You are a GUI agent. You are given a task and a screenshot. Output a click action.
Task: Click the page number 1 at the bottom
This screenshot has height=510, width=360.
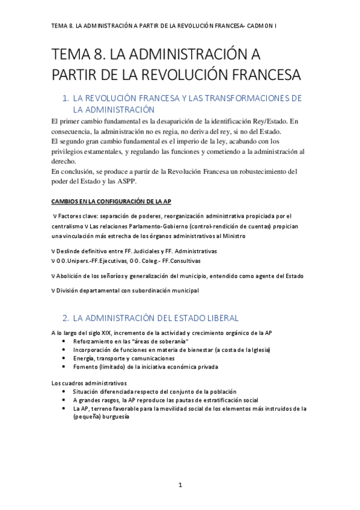(180, 484)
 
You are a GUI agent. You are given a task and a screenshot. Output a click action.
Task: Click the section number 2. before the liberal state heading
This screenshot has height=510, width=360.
(66, 318)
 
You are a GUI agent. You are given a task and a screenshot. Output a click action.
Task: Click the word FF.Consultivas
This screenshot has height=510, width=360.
(179, 261)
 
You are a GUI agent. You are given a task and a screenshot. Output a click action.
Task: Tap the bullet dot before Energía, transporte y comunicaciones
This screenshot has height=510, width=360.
(65, 358)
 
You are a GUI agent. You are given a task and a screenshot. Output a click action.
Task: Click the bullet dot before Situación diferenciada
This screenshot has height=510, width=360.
(65, 391)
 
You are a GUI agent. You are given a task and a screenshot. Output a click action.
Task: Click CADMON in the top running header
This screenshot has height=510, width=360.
(259, 27)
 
